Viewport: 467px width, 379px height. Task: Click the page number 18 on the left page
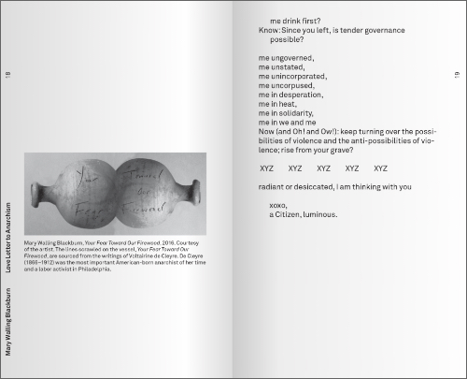point(7,76)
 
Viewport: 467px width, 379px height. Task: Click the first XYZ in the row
point(266,168)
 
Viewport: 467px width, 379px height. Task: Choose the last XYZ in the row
point(380,168)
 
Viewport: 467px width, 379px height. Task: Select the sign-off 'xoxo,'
point(277,205)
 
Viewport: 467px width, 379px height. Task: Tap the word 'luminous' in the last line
point(320,215)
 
